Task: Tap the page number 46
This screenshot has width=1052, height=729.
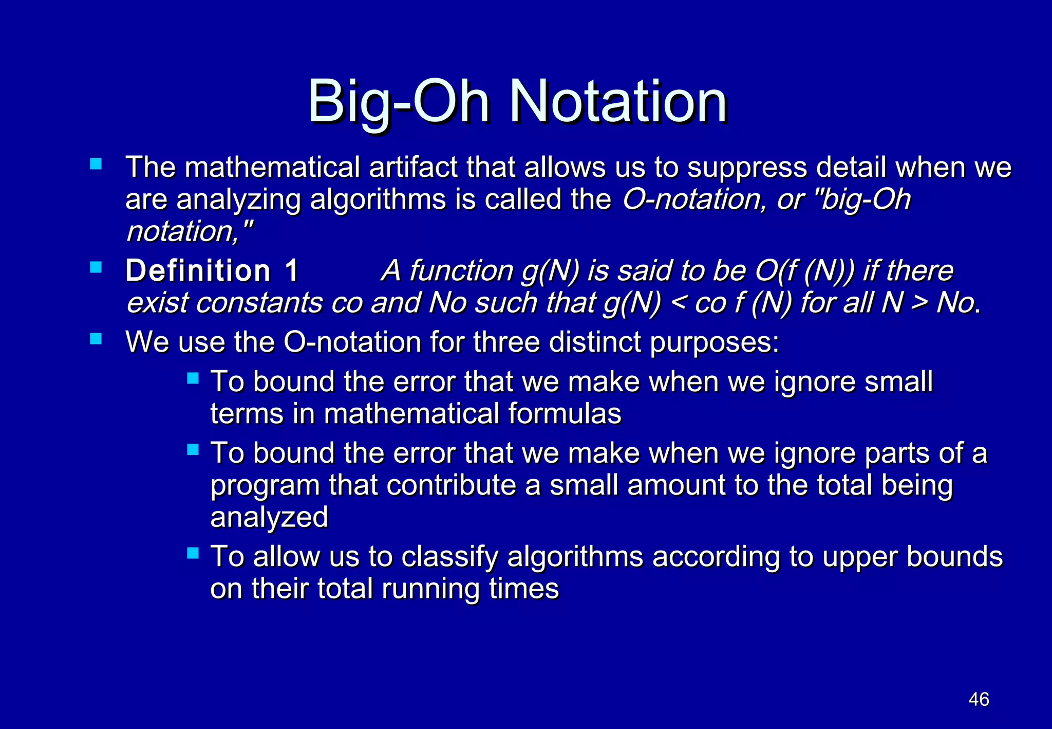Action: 979,699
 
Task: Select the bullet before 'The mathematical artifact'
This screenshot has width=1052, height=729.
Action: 96,164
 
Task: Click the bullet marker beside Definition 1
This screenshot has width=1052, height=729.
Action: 96,267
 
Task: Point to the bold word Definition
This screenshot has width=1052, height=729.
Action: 198,271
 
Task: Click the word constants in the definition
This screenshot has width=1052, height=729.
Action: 259,303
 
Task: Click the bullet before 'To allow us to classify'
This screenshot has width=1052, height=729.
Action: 193,553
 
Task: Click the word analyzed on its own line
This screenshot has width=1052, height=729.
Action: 269,517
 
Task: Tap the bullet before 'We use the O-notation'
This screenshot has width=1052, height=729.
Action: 96,339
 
